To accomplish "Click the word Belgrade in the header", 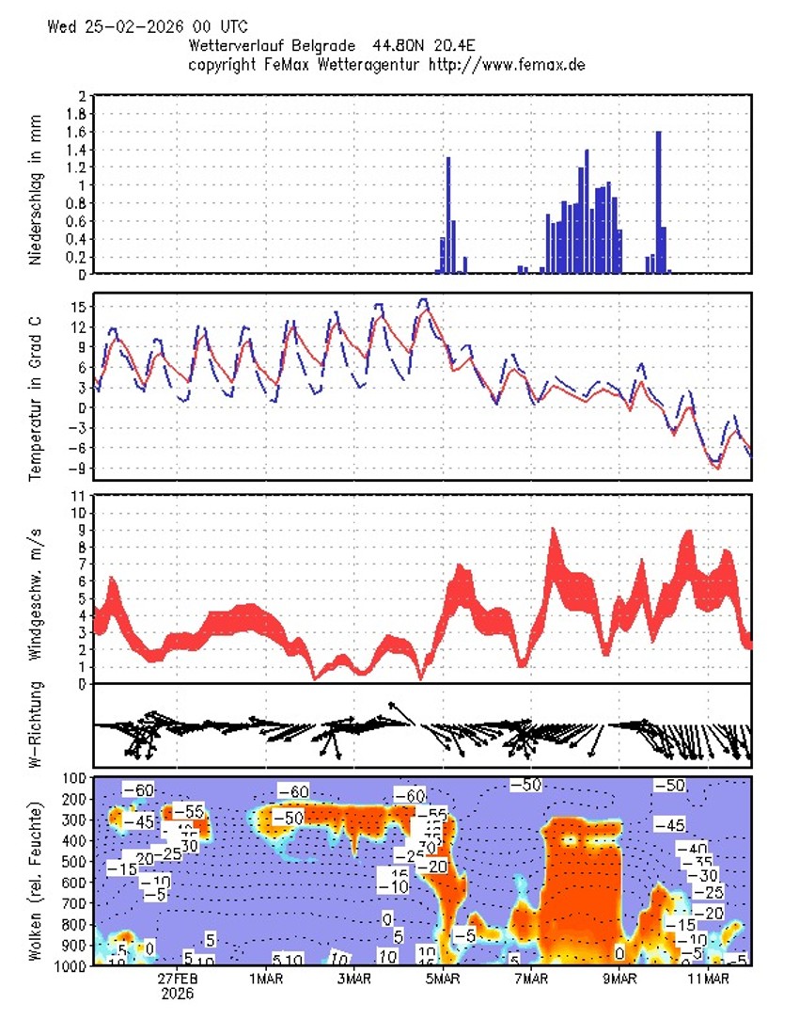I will tap(310, 45).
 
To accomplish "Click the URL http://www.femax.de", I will tap(508, 64).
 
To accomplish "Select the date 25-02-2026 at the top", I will tap(137, 26).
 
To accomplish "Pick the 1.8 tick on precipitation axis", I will tap(78, 114).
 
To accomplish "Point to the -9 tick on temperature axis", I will tap(77, 469).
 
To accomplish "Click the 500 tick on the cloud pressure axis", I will tap(75, 862).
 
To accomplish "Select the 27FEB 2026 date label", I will tap(177, 985).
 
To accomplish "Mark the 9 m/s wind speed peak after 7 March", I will tap(553, 533).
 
